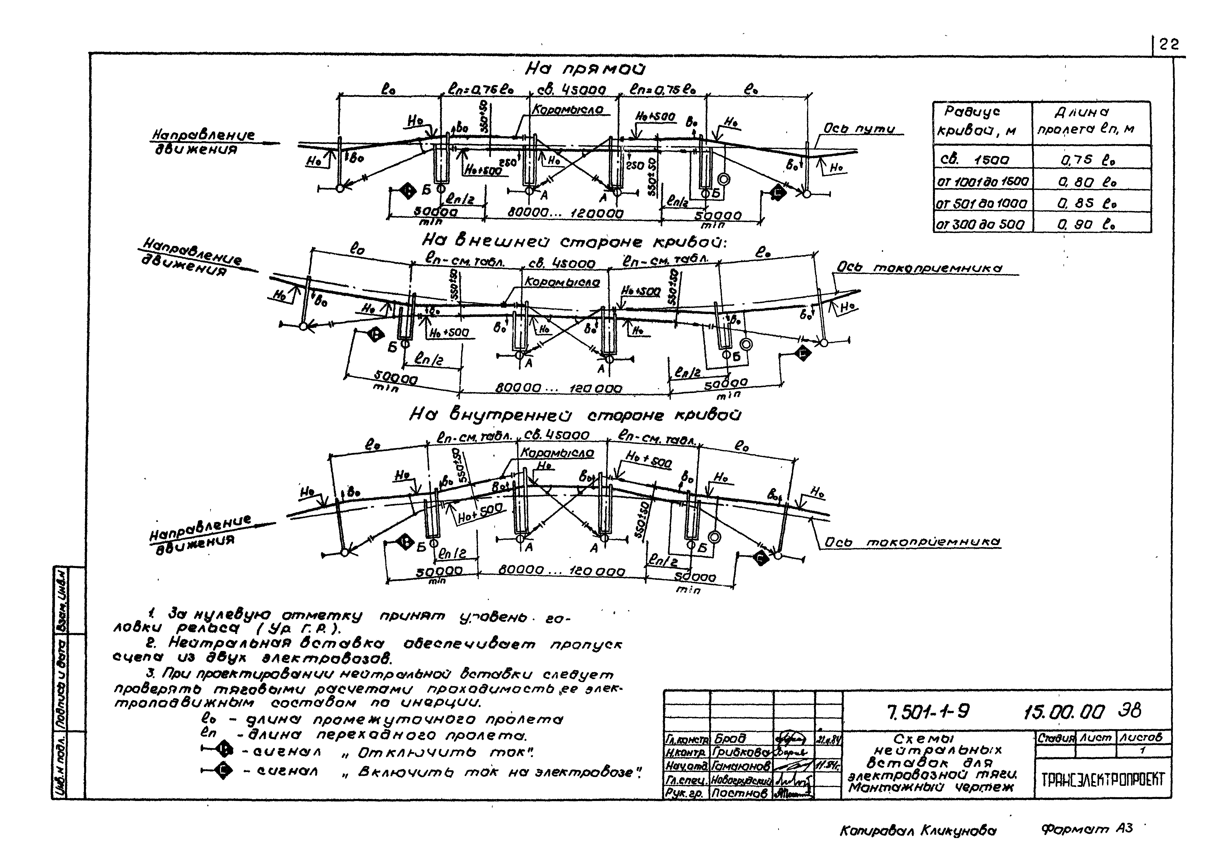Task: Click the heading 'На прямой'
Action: [x=585, y=69]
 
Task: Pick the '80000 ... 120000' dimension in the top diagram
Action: [x=565, y=213]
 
